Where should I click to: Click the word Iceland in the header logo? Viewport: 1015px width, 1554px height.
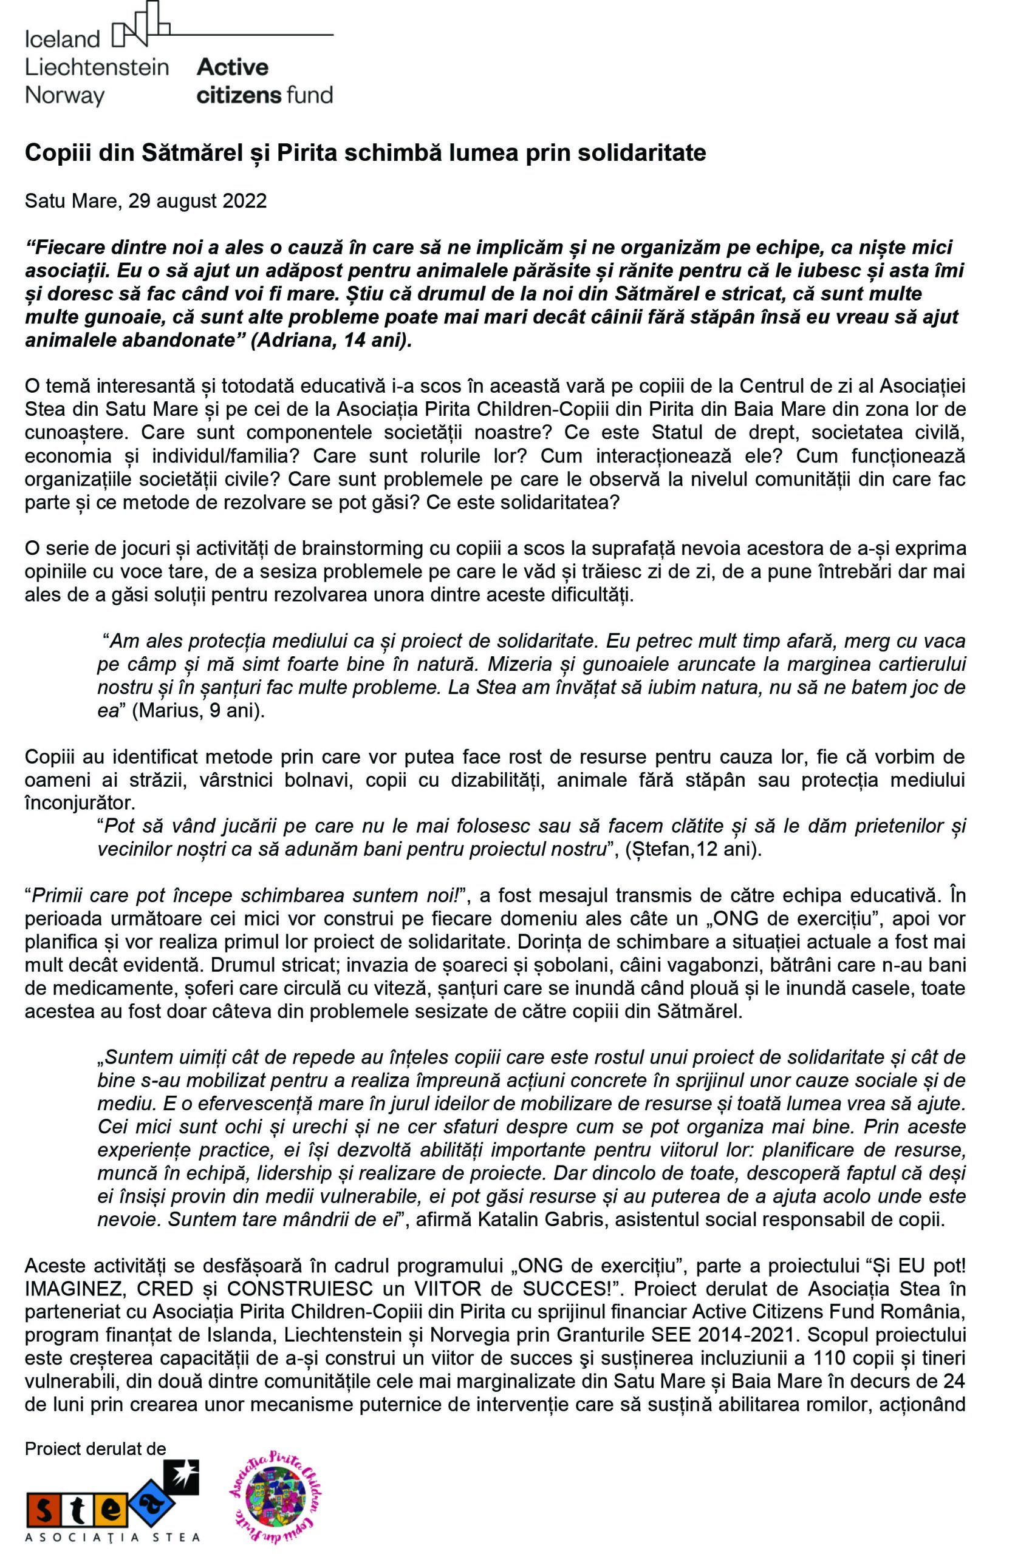[x=62, y=39]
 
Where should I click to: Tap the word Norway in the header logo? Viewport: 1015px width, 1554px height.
[x=64, y=95]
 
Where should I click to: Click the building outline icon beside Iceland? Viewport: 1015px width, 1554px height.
[x=140, y=26]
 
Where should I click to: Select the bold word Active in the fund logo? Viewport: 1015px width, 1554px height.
[x=233, y=67]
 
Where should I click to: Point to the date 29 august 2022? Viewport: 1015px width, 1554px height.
[x=197, y=200]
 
